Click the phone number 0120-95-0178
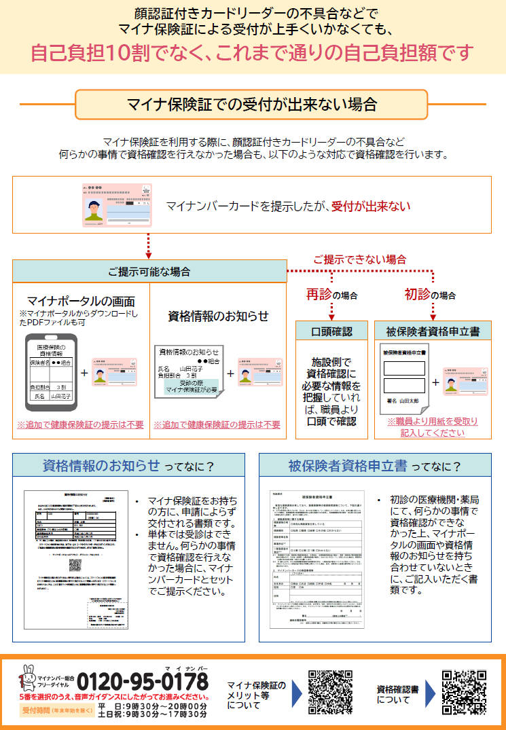143,680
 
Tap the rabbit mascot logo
29,675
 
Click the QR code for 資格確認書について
463,693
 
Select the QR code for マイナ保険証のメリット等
331,693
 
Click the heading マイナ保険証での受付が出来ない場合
252,105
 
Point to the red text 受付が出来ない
371,204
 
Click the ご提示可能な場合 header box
149,272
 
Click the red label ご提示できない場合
359,259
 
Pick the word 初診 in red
418,295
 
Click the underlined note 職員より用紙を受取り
433,422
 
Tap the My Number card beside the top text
117,204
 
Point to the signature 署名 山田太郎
403,403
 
